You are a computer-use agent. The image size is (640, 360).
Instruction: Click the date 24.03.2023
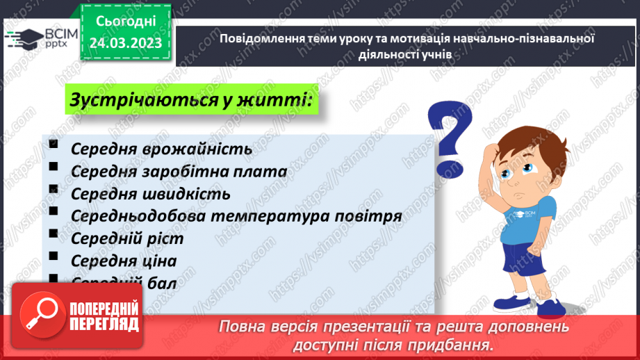click(126, 43)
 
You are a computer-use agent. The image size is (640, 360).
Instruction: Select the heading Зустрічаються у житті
click(189, 101)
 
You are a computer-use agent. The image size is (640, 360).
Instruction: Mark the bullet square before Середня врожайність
click(54, 144)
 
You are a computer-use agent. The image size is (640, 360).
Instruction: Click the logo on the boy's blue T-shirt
click(523, 213)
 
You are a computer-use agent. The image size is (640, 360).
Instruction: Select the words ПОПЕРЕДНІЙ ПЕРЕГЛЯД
click(104, 316)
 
